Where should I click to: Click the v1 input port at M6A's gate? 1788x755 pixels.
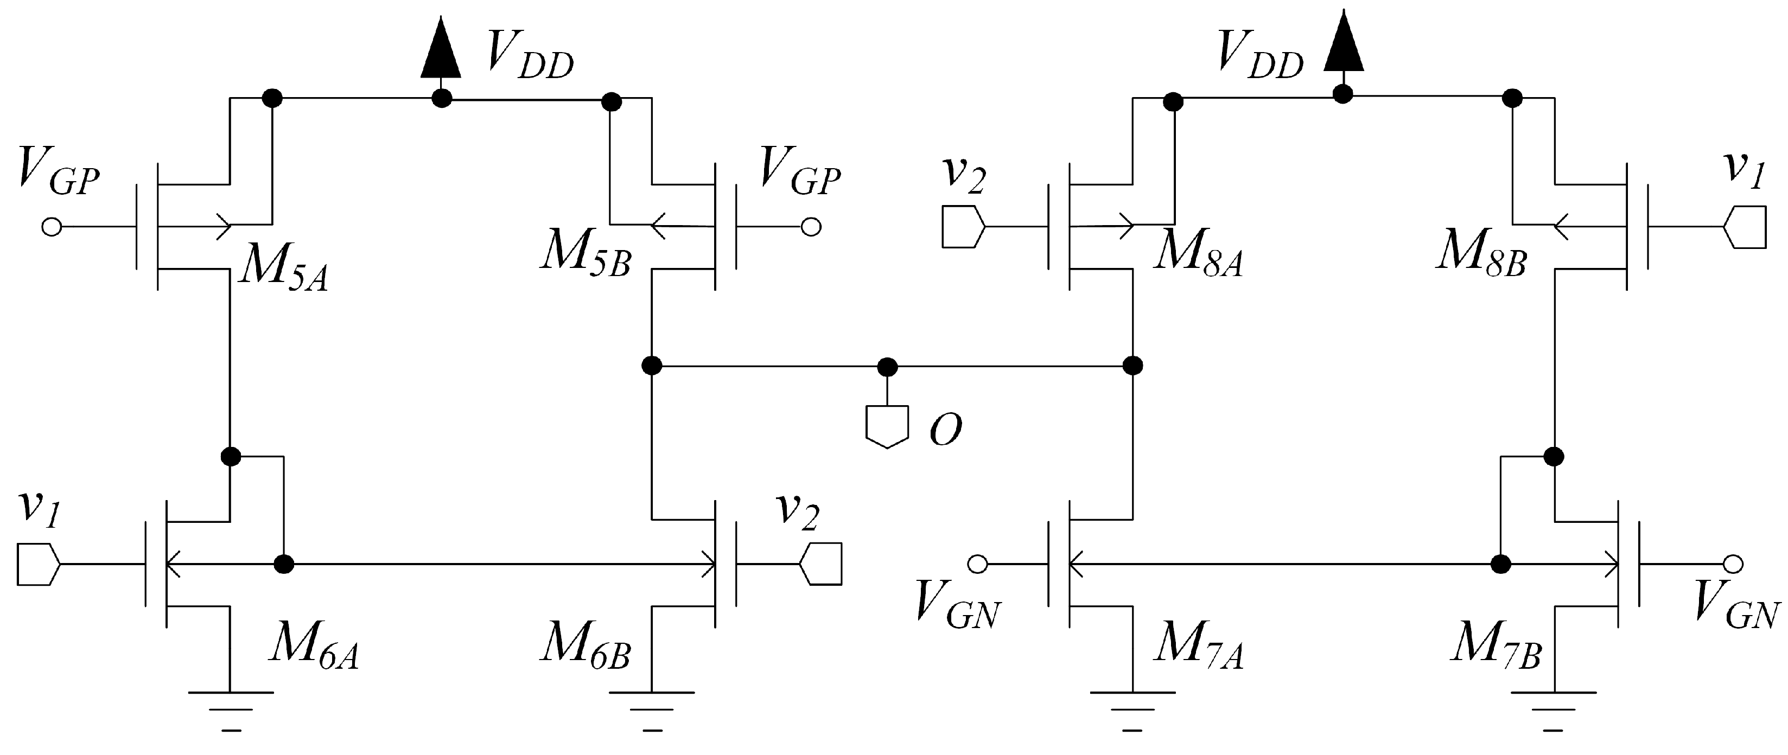37,564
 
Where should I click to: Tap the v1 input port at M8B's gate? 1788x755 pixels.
1745,227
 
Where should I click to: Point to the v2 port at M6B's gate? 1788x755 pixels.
821,564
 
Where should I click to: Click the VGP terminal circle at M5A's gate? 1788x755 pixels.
52,227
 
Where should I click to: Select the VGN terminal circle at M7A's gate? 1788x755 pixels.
977,564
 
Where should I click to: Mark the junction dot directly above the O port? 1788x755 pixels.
887,367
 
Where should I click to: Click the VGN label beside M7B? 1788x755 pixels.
1736,611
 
